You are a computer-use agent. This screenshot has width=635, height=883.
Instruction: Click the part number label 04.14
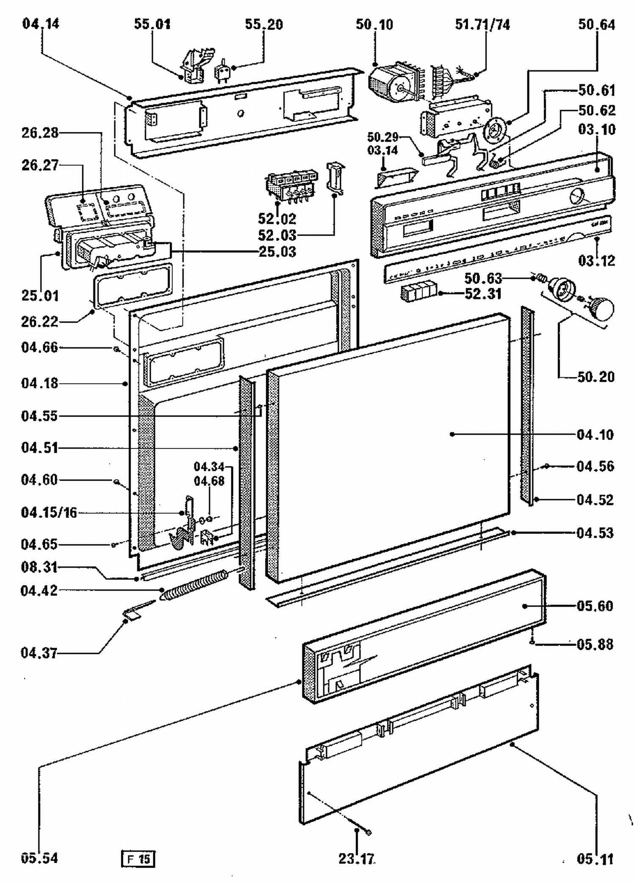pos(41,24)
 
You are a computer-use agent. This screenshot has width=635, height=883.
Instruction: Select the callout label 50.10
pos(374,25)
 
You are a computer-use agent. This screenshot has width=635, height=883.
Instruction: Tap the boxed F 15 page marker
pos(138,858)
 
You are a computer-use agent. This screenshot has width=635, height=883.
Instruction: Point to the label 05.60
pos(595,606)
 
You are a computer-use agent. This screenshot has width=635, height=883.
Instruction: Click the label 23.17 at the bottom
pos(356,858)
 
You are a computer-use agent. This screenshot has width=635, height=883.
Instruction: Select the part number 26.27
pos(40,165)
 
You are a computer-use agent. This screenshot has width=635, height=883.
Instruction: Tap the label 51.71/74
pos(482,25)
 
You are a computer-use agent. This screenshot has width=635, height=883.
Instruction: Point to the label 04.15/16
pos(49,513)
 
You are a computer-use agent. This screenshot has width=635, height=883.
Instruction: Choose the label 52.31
pos(483,294)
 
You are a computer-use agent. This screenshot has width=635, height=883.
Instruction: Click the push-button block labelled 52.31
pos(418,292)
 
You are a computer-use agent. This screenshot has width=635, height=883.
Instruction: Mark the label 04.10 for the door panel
pos(595,435)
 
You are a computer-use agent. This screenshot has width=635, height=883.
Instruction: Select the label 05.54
pos(39,858)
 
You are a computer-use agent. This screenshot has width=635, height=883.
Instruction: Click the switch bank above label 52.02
pos(291,184)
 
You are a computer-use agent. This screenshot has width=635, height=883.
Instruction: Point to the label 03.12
pos(596,261)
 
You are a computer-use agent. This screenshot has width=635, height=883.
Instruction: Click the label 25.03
pos(277,252)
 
